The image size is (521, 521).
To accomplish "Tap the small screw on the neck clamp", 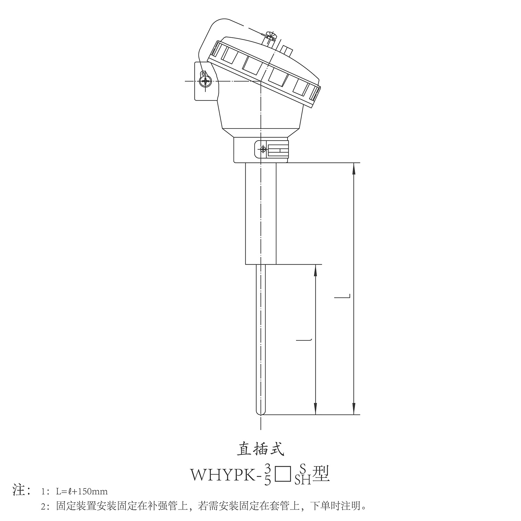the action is point(263,150).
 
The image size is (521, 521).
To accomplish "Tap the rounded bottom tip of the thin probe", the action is point(260,413).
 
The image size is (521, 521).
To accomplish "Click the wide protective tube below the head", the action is point(261,214).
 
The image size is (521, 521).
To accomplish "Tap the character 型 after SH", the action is point(321,473).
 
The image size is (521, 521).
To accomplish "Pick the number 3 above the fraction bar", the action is point(267,468).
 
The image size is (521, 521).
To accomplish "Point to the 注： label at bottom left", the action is point(23,490).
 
